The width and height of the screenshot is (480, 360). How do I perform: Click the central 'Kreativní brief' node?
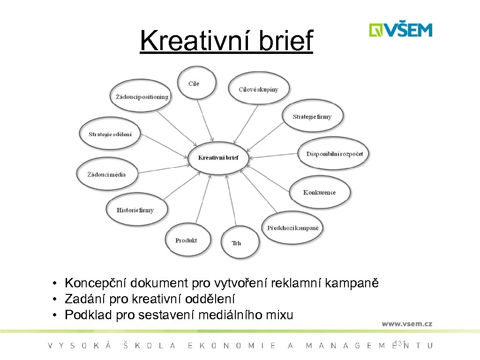[218, 158]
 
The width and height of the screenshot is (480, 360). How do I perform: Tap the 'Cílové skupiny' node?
[258, 89]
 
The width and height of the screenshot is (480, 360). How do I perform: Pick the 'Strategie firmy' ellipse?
[312, 116]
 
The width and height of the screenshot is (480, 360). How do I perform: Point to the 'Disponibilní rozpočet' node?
[334, 154]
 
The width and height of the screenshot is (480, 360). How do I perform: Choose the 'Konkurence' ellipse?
[319, 192]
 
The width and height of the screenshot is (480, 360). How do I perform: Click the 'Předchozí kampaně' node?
[292, 228]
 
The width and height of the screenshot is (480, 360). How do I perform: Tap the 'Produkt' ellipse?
[186, 240]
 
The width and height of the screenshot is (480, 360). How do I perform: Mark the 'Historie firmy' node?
[135, 210]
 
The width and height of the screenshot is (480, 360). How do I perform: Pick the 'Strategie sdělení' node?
[111, 134]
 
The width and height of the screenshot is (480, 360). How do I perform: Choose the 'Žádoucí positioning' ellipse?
[142, 97]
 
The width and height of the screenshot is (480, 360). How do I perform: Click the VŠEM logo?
[400, 30]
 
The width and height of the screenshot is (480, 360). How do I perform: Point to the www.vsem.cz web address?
[406, 323]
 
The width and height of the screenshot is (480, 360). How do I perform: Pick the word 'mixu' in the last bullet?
[279, 315]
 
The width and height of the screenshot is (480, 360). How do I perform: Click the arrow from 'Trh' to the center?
[232, 202]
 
